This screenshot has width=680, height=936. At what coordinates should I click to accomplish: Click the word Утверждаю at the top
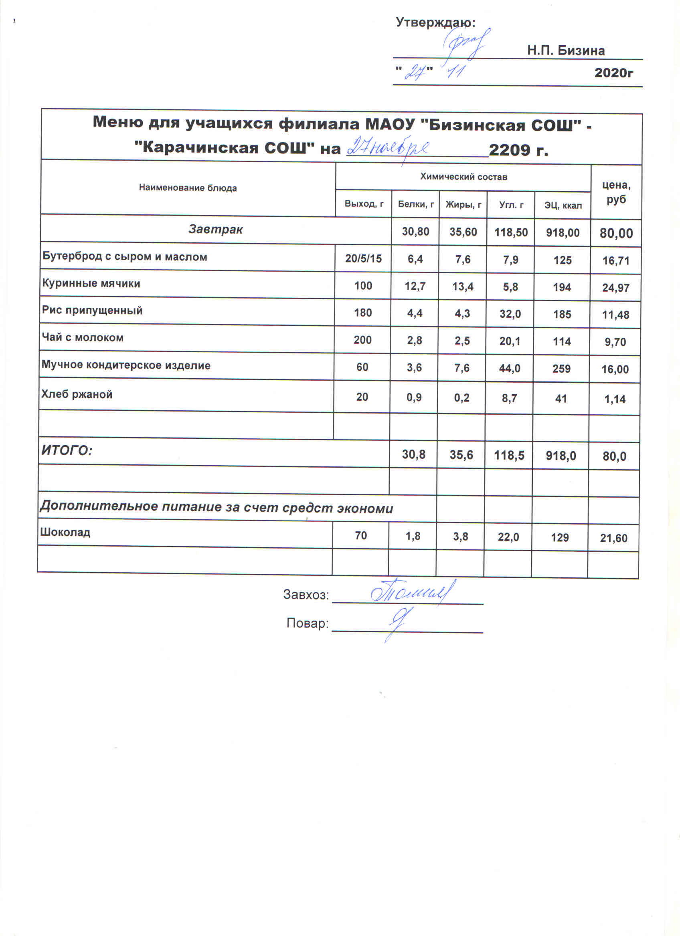pos(435,22)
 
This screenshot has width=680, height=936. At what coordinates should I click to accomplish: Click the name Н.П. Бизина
pos(566,51)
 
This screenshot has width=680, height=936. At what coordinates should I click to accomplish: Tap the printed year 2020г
pos(613,73)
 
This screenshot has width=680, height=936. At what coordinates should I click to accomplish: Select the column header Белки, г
pos(415,204)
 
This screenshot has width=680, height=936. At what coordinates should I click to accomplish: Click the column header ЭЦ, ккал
pos(563,205)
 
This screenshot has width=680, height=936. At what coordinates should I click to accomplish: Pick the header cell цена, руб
pos(616,192)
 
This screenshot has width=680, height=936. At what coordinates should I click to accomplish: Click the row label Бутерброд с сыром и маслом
pos(125,257)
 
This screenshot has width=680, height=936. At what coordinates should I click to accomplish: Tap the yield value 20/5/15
pos(363,259)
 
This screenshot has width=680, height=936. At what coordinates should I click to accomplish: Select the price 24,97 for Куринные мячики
pos(615,288)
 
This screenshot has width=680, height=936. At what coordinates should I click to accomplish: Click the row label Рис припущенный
pos(92,311)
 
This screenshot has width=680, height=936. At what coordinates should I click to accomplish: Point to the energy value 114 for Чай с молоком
pos(561,341)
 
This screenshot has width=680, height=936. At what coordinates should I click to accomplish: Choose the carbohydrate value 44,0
pos(510,368)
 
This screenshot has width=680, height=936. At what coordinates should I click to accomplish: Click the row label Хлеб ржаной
pos(77,394)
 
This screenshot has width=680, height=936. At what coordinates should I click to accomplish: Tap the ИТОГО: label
pos(67,450)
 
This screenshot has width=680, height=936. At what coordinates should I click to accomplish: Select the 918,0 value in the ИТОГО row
pos(561,456)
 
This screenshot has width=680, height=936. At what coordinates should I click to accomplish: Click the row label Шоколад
pos(65,533)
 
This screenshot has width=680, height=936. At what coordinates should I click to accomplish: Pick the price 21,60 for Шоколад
pos(613,538)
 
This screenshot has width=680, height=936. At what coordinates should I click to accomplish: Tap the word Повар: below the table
pos(307,623)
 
